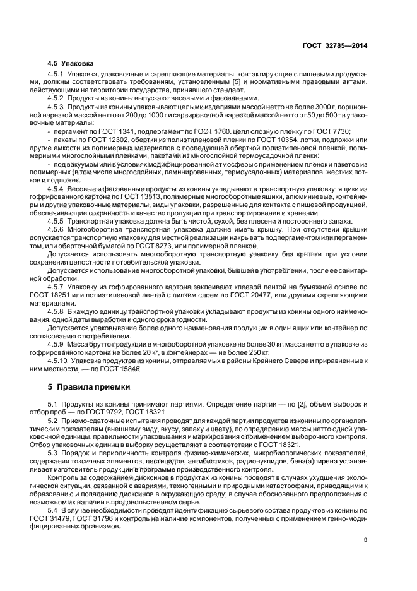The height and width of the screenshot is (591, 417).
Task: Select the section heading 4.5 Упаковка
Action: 71,63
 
